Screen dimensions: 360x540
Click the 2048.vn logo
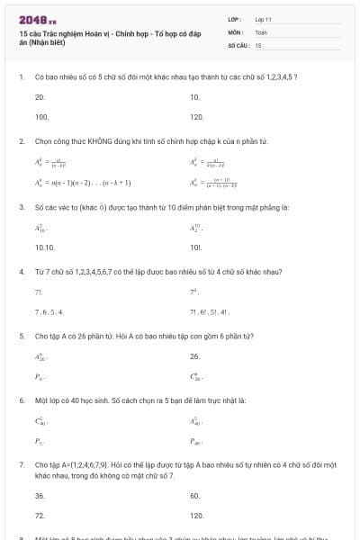(37, 20)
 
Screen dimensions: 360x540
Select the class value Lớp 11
(263, 19)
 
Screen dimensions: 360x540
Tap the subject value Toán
(261, 31)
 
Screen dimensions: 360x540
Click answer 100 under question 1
(41, 117)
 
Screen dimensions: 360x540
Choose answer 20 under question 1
(40, 96)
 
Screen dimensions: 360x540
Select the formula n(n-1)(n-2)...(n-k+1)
(83, 182)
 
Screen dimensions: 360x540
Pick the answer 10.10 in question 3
(45, 247)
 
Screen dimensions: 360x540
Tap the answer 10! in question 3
(195, 247)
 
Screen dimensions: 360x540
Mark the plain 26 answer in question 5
(194, 355)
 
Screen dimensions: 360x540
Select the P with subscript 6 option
(40, 377)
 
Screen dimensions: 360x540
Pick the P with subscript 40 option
(196, 442)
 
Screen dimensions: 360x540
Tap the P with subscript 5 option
(40, 442)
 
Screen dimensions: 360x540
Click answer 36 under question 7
(40, 495)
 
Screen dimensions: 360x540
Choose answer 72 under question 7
(40, 516)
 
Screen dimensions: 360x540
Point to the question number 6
(21, 399)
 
